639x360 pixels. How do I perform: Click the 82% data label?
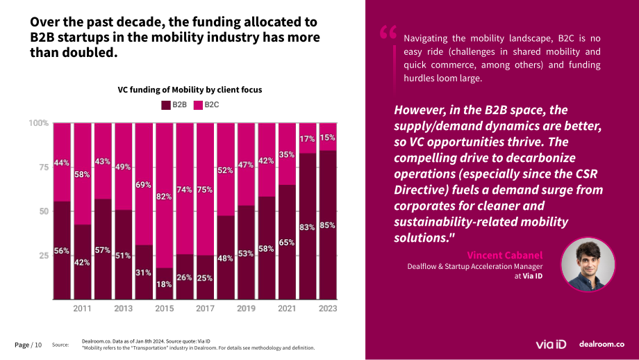point(164,197)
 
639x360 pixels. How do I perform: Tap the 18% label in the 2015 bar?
point(164,284)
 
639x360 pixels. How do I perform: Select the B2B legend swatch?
point(166,105)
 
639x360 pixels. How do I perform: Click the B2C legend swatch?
point(198,105)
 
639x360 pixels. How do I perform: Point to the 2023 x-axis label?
point(328,309)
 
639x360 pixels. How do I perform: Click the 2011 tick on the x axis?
point(83,309)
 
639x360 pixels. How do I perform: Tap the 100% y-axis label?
point(39,123)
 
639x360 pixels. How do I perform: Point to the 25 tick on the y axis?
point(44,256)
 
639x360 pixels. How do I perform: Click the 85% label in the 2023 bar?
point(328,225)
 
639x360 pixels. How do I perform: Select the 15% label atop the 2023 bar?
point(328,138)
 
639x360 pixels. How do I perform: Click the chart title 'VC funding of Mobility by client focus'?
point(190,90)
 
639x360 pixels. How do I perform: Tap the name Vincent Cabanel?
point(505,255)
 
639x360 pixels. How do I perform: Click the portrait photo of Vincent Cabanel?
point(588,265)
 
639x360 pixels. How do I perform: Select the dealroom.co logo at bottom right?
point(602,344)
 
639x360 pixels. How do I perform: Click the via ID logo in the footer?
point(551,345)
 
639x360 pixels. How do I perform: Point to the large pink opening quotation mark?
point(388,32)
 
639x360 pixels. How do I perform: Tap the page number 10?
point(38,345)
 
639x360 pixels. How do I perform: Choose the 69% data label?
point(144,185)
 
